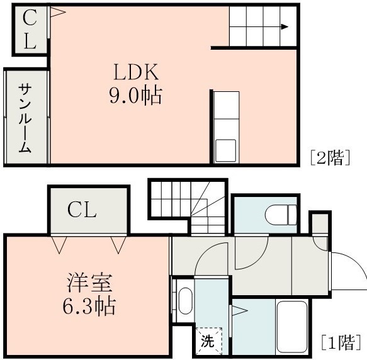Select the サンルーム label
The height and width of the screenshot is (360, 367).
pyautogui.click(x=25, y=118)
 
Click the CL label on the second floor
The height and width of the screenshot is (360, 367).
pyautogui.click(x=29, y=30)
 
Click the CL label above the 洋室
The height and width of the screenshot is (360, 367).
pyautogui.click(x=82, y=210)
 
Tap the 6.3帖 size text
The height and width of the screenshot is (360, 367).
pyautogui.click(x=89, y=307)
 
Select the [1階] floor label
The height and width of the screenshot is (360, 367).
pyautogui.click(x=341, y=343)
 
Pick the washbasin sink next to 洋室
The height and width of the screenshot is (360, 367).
pyautogui.click(x=184, y=301)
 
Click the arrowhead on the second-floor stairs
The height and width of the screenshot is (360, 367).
pyautogui.click(x=285, y=26)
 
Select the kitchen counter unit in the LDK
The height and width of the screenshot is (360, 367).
pyautogui.click(x=225, y=127)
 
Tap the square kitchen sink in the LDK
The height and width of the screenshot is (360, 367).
pyautogui.click(x=225, y=150)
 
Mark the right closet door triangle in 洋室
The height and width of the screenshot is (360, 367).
pyautogui.click(x=117, y=243)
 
